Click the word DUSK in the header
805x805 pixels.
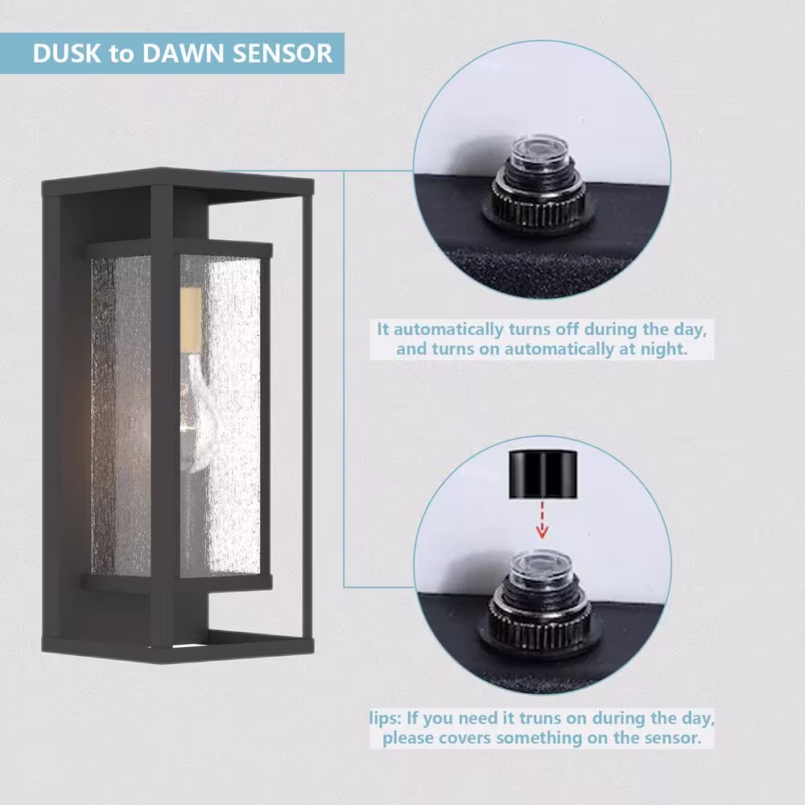coord(68,53)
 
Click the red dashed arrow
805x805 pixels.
coord(542,519)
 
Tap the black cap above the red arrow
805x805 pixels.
coord(543,474)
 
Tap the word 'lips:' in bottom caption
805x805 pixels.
coord(386,718)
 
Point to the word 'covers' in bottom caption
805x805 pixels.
coord(465,738)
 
